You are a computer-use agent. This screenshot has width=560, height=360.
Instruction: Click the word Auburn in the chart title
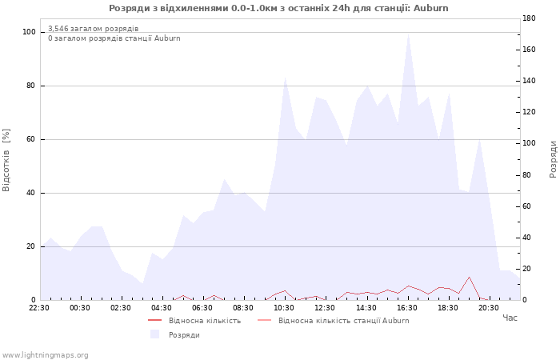(430, 8)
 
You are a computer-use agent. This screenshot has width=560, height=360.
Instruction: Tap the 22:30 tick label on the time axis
(39, 308)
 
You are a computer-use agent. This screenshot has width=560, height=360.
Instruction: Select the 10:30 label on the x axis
(284, 308)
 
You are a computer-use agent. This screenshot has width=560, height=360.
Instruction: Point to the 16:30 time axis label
(406, 308)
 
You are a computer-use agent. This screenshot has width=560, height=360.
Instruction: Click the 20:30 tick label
(489, 308)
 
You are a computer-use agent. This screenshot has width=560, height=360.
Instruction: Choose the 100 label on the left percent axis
(29, 32)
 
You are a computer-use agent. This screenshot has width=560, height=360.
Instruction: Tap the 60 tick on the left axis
(31, 139)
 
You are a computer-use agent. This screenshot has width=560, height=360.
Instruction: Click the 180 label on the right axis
(529, 18)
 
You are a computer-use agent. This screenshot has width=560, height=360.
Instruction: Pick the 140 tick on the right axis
(529, 81)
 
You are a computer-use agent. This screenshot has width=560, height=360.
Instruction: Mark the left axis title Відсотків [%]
(6, 160)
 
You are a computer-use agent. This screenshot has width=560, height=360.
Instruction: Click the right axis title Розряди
(553, 159)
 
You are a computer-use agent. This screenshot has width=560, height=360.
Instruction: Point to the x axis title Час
(510, 318)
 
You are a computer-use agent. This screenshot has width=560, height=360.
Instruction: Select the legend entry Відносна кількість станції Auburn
(343, 321)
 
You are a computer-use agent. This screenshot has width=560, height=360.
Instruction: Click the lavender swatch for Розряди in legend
(154, 334)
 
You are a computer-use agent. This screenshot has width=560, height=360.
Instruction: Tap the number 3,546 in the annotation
(58, 29)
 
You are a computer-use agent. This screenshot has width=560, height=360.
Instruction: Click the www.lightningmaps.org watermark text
(45, 355)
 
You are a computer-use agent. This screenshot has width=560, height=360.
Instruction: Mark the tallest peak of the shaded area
(408, 34)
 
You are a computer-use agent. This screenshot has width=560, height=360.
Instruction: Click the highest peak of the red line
(469, 277)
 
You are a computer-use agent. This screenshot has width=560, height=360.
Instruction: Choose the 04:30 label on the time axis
(162, 308)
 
